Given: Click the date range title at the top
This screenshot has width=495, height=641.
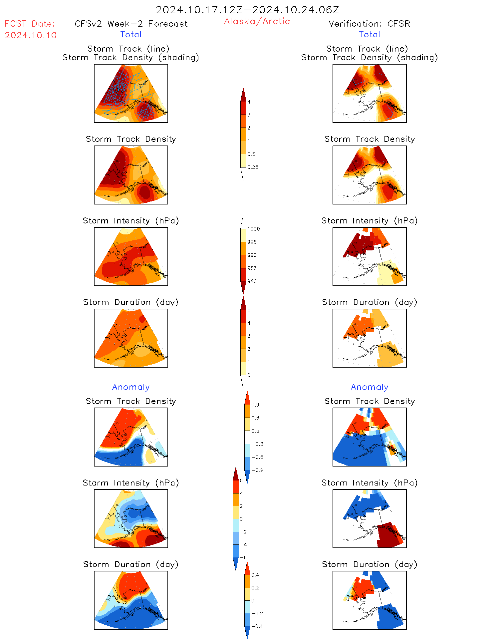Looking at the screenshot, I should [x=247, y=10].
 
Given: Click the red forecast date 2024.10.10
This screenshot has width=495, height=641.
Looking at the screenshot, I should [x=31, y=35].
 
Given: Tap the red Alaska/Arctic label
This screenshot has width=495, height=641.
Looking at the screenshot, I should [x=257, y=21].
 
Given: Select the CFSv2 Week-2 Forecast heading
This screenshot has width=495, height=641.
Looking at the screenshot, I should [x=131, y=24].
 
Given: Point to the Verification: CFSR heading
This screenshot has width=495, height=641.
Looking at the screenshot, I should [x=369, y=24].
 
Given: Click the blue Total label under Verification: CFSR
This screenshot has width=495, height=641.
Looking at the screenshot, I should [x=369, y=35].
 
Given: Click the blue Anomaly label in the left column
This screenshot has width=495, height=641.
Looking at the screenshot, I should [x=131, y=387].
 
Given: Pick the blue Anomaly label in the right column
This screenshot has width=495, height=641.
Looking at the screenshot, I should [x=370, y=387].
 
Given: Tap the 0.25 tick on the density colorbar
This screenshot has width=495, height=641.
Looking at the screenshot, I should [x=253, y=167].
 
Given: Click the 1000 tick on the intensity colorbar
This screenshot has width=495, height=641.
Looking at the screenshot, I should [x=253, y=229].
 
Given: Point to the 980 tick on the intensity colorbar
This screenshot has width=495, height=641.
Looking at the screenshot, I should [x=252, y=281].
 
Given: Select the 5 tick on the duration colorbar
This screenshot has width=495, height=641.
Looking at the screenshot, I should [x=249, y=310].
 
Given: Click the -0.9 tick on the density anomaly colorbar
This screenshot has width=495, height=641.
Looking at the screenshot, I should [x=257, y=470].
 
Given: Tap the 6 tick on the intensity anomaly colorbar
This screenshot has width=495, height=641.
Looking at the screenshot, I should [x=241, y=481].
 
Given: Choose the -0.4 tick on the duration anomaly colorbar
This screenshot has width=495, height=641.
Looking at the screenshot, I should [x=257, y=626].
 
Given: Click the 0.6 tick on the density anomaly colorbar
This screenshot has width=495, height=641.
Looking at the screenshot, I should [x=255, y=418].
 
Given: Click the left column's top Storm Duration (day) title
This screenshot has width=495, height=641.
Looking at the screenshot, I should [x=131, y=302].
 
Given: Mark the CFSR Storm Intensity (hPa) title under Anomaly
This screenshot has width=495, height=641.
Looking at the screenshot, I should [x=370, y=483].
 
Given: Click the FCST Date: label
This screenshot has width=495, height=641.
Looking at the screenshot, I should [x=30, y=24].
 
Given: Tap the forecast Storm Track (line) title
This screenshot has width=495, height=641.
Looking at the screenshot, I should [x=128, y=49].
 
